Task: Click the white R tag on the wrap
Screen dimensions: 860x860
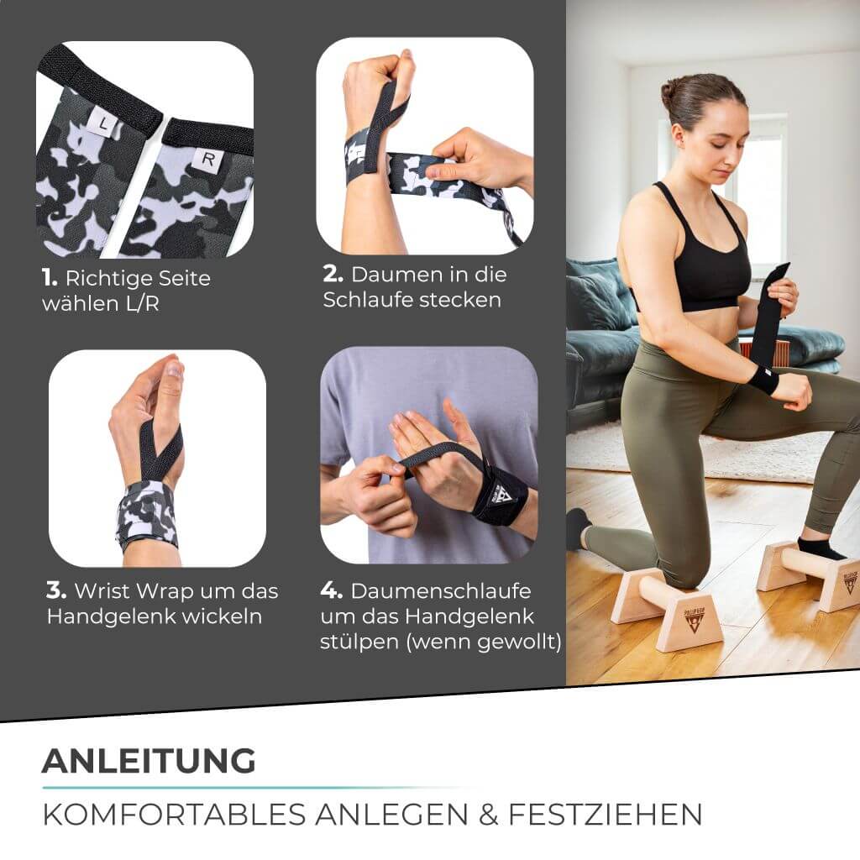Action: pos(207,160)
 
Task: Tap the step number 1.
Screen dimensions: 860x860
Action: pos(49,278)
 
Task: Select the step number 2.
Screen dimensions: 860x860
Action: pos(333,275)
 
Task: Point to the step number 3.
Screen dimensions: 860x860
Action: pos(55,590)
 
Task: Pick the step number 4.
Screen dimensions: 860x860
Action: pos(332,591)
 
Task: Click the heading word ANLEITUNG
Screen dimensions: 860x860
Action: pos(148,761)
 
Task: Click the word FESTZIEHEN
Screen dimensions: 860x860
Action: pos(617,814)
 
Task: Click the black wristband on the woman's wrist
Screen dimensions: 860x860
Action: pos(763,380)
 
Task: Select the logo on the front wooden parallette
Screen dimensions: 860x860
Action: pos(695,619)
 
